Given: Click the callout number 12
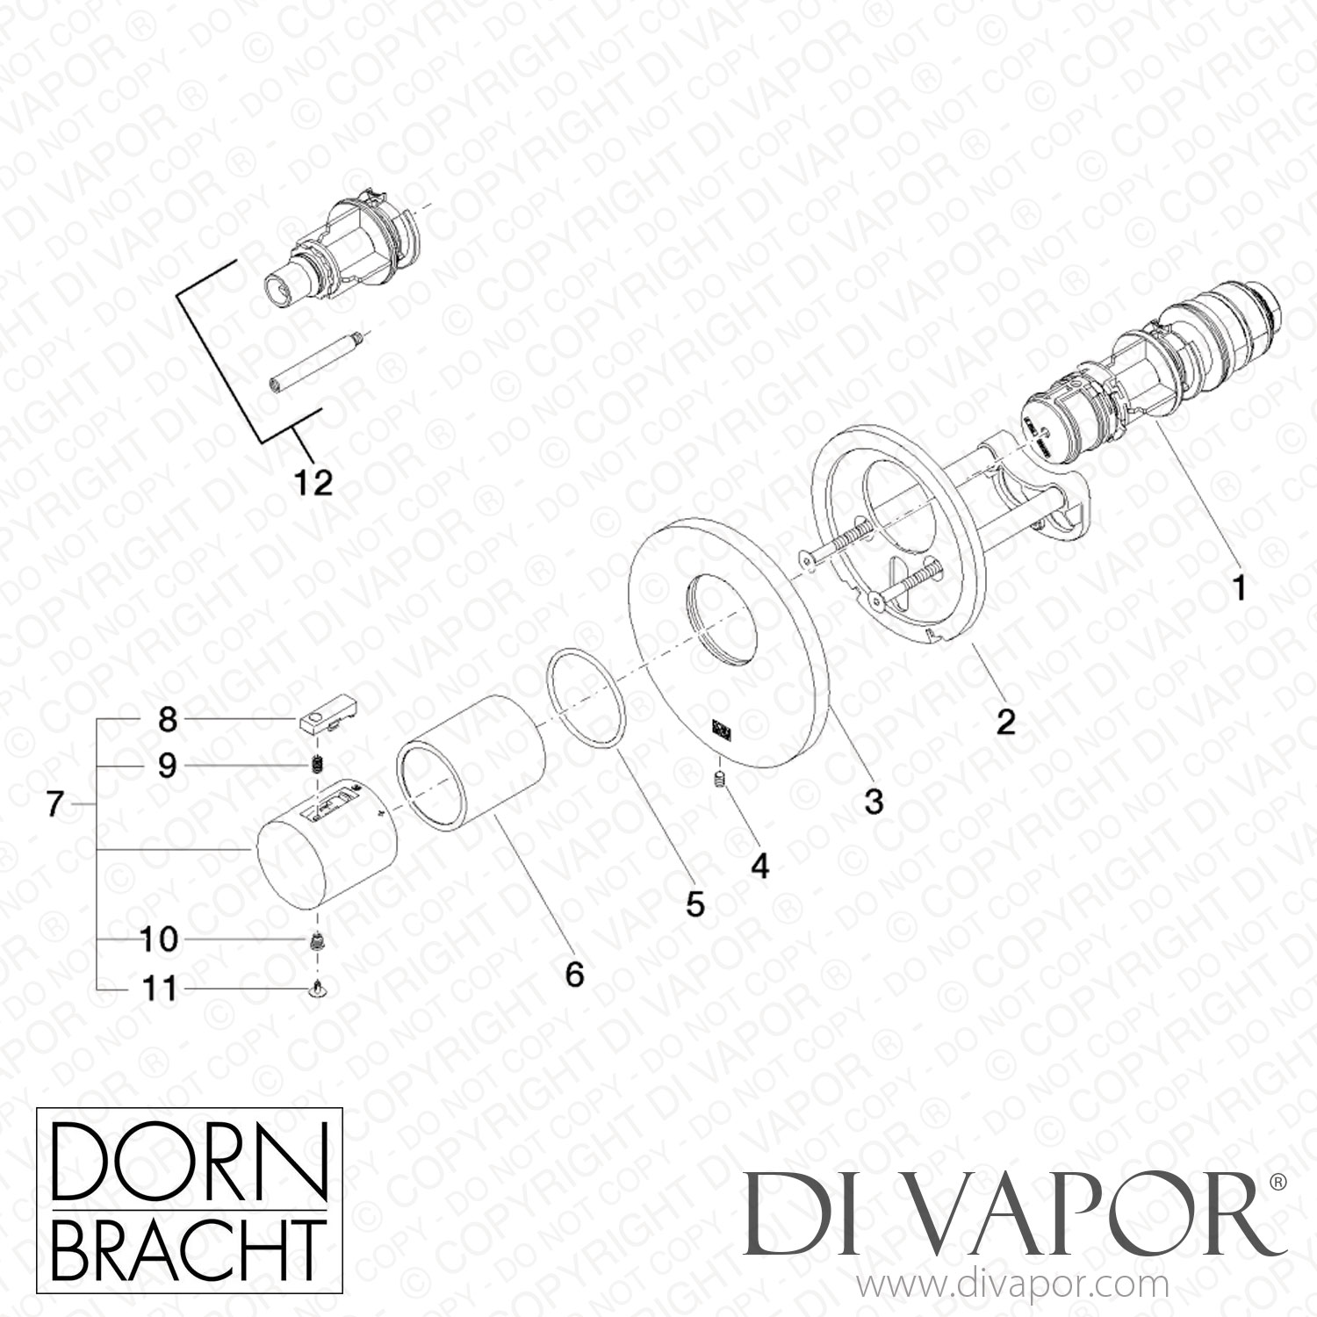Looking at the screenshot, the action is pyautogui.click(x=314, y=482).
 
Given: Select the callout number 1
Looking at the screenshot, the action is pyautogui.click(x=1239, y=588).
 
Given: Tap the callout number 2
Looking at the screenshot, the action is pyautogui.click(x=1005, y=722).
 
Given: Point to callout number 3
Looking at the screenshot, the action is pyautogui.click(x=873, y=802).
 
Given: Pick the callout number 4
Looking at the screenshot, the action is pyautogui.click(x=759, y=867).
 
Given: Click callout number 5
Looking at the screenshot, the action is pyautogui.click(x=695, y=904).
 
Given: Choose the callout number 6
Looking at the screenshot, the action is pyautogui.click(x=574, y=974).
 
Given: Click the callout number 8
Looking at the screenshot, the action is pyautogui.click(x=167, y=721).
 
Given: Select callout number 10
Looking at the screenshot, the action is pyautogui.click(x=159, y=940).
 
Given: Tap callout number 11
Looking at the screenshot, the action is pyautogui.click(x=159, y=990).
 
